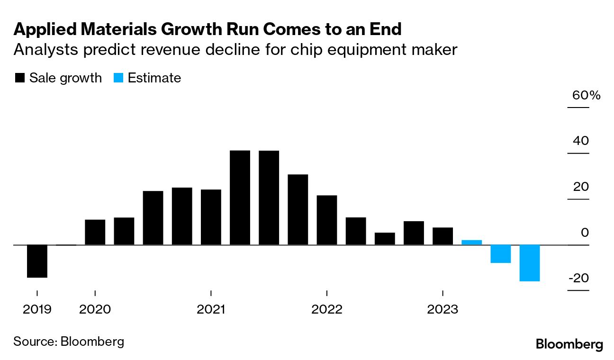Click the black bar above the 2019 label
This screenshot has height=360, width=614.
[37, 261]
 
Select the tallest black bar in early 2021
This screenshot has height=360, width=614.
[240, 198]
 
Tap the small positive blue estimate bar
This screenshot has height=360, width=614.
[471, 242]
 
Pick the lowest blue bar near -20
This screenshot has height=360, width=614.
[529, 263]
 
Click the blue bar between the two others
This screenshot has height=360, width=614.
[500, 253]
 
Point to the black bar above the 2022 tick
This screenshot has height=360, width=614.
[326, 220]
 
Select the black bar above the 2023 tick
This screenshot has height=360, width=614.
[442, 236]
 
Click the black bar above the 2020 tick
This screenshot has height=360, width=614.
[95, 232]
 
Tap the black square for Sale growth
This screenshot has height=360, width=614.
[20, 78]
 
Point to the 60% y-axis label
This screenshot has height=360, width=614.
[586, 95]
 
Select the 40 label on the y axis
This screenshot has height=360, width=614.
[582, 141]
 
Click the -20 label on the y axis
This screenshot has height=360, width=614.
[578, 278]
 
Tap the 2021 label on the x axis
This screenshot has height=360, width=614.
[211, 310]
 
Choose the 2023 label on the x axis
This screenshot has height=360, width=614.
[442, 310]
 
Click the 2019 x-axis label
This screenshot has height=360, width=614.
[37, 310]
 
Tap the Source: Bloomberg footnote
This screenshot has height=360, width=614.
[68, 341]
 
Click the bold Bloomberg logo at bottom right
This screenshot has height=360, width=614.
[569, 344]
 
